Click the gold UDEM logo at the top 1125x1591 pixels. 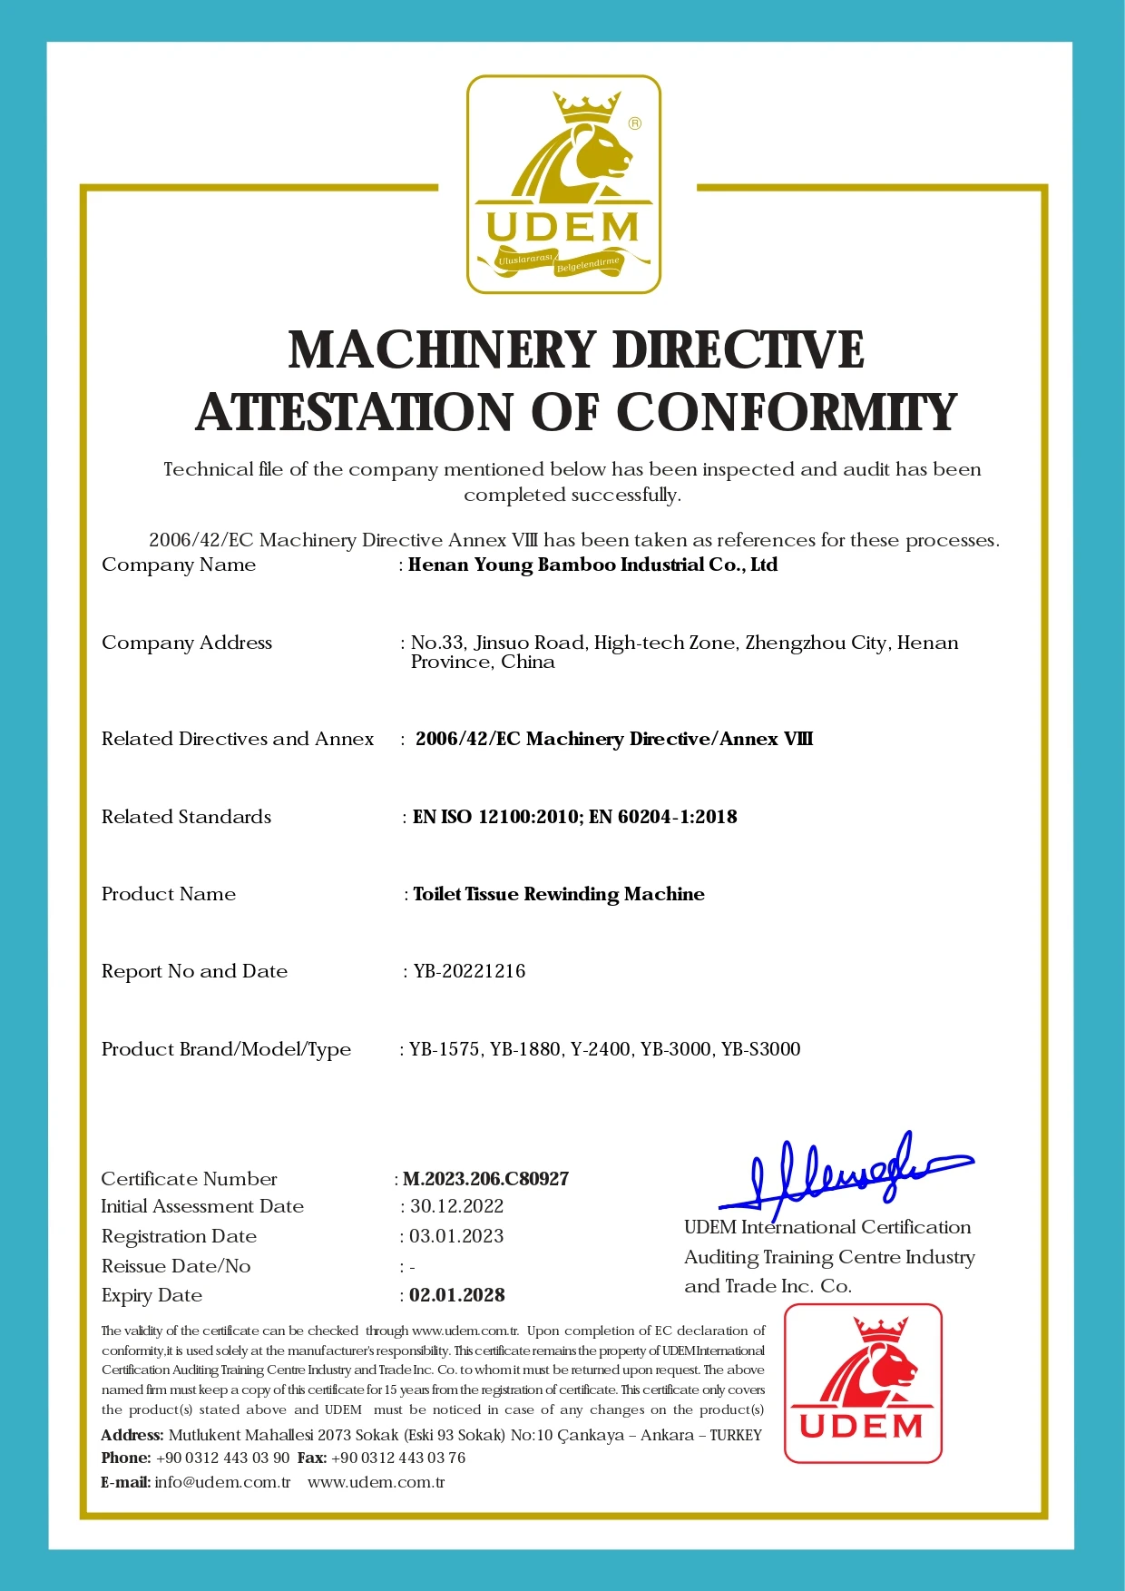563,184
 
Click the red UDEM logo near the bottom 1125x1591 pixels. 863,1383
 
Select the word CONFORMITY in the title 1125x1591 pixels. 787,413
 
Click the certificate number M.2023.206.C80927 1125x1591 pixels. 485,1179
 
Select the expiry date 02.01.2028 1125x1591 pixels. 456,1295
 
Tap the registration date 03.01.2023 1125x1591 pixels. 456,1236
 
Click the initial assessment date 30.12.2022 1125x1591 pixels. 456,1206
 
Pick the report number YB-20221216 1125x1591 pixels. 469,971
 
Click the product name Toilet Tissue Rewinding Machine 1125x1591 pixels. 558,894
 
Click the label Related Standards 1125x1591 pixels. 186,817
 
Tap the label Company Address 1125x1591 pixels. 186,643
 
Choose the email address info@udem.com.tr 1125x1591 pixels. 222,1482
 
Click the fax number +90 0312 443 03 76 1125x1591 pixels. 398,1458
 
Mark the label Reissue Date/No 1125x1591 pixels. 176,1266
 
